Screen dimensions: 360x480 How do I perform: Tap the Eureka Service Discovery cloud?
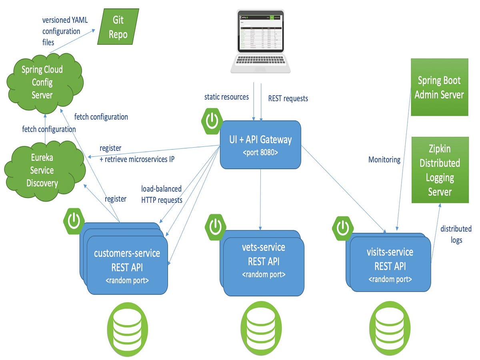coord(43,170)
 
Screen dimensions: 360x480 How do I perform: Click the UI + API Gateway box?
coord(260,145)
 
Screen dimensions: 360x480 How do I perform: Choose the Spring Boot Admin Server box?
coord(439,87)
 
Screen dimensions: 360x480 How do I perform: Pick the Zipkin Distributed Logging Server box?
coord(440,170)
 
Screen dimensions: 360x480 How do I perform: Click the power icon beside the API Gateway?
coord(211,120)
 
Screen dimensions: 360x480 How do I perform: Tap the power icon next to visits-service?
coord(343,228)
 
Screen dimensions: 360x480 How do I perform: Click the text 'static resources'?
coord(226,97)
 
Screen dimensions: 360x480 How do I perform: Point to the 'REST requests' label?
coord(288,98)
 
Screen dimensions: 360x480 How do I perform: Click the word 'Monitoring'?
coord(384,160)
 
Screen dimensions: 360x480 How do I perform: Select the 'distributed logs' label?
coord(456,234)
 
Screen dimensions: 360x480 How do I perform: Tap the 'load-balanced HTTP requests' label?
coord(162,194)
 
